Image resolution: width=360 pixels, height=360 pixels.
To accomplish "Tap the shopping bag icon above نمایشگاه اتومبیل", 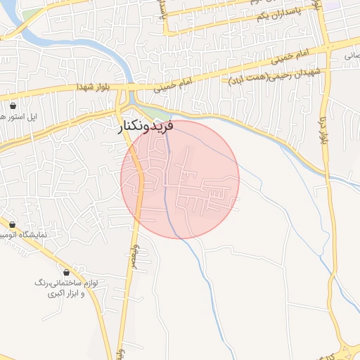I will point(13,224).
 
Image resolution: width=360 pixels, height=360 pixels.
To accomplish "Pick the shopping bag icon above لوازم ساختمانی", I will point(66,272).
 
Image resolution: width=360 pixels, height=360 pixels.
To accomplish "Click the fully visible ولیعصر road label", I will point(132,252).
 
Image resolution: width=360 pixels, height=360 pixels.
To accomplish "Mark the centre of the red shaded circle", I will point(180,179).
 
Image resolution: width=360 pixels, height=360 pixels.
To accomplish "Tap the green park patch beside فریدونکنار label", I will point(161,114).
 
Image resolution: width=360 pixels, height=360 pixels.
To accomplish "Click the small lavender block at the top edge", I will point(352,4).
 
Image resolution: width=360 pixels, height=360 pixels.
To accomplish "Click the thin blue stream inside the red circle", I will point(167,190).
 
